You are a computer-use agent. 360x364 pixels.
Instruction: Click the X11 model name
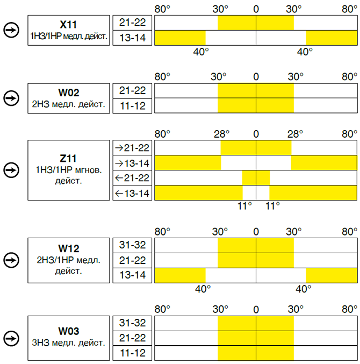pos(68,24)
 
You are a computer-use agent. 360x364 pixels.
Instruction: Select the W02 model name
pos(69,92)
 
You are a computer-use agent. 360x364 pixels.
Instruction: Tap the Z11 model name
pos(68,159)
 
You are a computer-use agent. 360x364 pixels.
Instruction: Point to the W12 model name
pos(69,248)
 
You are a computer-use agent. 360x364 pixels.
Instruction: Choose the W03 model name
pos(69,331)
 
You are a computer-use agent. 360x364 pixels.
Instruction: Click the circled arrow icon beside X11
pos(11,30)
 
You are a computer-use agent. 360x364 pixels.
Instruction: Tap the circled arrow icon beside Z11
pos(11,170)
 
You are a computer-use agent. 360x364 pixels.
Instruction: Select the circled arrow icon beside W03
pos(11,338)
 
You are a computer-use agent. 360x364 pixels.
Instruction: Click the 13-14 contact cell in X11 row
pos(133,38)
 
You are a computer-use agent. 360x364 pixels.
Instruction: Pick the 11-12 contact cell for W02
pos(133,106)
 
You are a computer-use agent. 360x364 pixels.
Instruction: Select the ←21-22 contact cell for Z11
pos(133,178)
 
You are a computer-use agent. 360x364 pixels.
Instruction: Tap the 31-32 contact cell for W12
pos(133,245)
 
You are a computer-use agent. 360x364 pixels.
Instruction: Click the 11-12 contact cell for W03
pos(133,353)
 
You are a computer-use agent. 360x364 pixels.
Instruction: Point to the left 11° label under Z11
pos(244,206)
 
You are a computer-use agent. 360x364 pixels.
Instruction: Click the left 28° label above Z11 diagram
pos(221,134)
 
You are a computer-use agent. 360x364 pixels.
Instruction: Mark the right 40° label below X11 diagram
pos(305,52)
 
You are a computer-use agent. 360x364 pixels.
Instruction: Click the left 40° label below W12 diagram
pos(203,289)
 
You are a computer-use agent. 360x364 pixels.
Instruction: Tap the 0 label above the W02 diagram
pos(256,76)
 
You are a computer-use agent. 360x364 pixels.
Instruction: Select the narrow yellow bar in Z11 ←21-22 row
pos(256,178)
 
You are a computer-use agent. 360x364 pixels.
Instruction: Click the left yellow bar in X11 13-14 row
pos(180,38)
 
